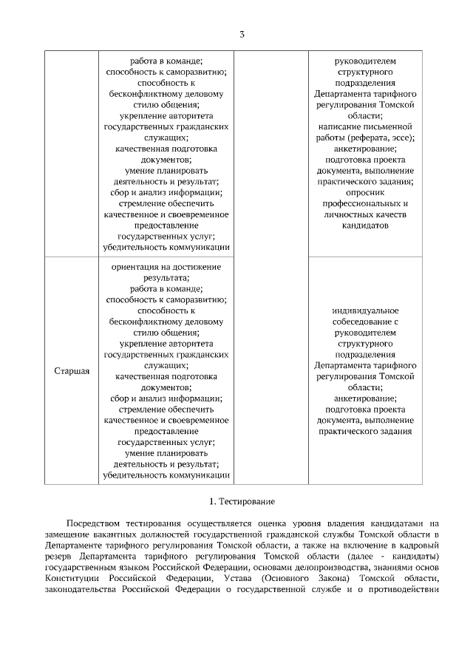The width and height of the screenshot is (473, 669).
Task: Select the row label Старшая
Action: [x=72, y=370]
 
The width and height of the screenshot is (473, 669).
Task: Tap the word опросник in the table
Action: [x=364, y=191]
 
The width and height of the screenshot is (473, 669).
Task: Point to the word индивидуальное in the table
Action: [x=364, y=310]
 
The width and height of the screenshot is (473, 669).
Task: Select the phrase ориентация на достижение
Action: [x=166, y=266]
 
